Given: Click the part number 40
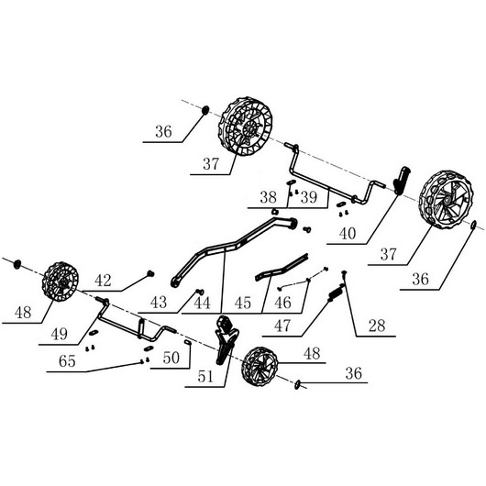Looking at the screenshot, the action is click(x=348, y=234).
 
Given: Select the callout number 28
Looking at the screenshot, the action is click(x=377, y=326).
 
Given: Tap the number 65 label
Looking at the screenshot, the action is click(x=67, y=361).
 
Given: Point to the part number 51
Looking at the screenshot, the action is click(x=205, y=377).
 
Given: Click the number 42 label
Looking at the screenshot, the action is click(x=103, y=281).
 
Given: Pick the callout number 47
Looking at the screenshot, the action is click(x=282, y=326).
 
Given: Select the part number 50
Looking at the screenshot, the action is click(x=171, y=358).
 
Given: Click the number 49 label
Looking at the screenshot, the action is click(x=60, y=334).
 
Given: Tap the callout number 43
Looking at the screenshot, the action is click(x=159, y=303).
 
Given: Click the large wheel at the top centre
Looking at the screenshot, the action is click(x=245, y=127).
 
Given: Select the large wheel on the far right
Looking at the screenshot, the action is click(x=446, y=199).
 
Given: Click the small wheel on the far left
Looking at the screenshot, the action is click(x=61, y=282).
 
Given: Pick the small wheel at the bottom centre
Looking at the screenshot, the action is click(x=260, y=367).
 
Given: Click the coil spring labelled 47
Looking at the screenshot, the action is click(x=335, y=293).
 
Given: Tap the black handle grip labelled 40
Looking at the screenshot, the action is click(x=402, y=181).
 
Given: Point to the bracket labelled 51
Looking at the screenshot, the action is click(x=226, y=339).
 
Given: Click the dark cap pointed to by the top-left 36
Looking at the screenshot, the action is click(x=204, y=110).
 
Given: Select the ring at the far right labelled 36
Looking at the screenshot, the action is click(x=473, y=225).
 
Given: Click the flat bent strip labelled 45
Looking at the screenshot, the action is click(x=282, y=268).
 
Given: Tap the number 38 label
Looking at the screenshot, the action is click(x=268, y=197).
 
